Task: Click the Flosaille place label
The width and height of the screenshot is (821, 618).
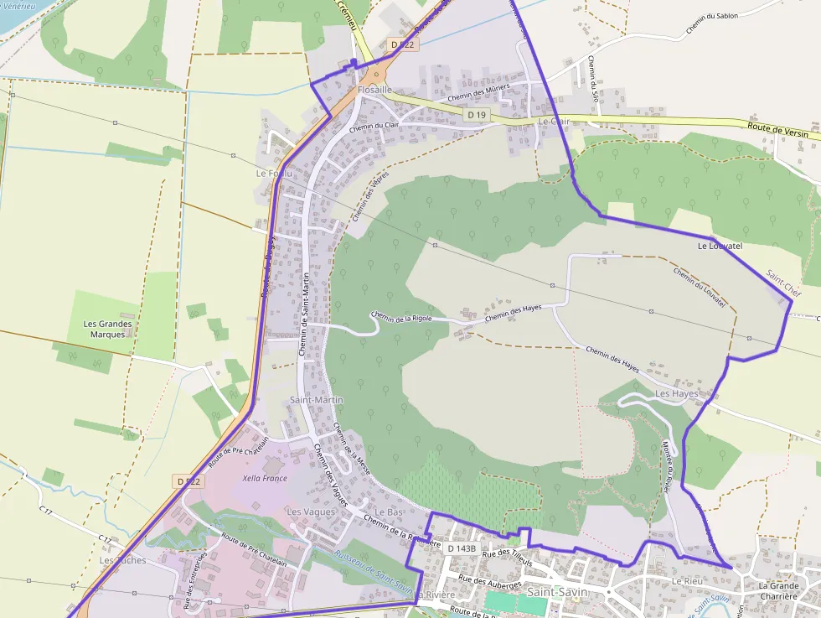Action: click(374, 89)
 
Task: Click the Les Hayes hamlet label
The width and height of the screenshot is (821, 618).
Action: click(676, 393)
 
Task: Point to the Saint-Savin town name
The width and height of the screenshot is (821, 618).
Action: click(557, 591)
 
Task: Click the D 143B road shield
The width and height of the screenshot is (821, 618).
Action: click(461, 548)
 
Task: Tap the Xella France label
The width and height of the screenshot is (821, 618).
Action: click(264, 479)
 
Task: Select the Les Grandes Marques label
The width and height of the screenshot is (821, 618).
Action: click(108, 329)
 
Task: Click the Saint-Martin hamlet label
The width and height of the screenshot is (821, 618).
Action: click(316, 400)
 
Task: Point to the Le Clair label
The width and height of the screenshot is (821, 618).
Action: click(554, 121)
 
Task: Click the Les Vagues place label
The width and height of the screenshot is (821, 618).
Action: click(311, 512)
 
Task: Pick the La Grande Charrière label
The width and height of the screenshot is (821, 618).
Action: click(777, 591)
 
